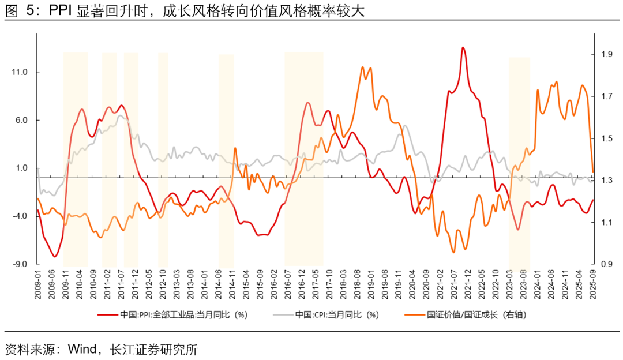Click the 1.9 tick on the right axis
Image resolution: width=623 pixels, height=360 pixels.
(606, 54)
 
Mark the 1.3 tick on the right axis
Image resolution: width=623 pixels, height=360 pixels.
(606, 181)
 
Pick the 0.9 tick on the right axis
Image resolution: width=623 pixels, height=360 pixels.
(606, 264)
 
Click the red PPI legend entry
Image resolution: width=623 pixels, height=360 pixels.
(173, 315)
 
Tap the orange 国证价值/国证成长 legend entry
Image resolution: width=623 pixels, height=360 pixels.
(467, 315)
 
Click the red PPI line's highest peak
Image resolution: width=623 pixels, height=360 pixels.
(463, 47)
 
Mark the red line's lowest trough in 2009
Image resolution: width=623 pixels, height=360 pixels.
(55, 257)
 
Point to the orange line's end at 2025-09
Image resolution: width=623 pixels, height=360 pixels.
(593, 171)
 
